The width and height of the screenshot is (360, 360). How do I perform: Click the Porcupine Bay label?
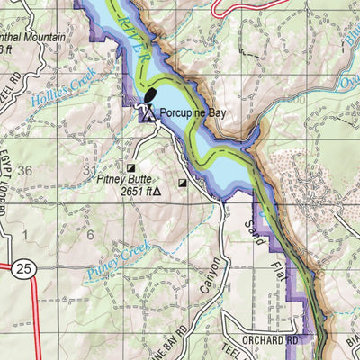(193, 113)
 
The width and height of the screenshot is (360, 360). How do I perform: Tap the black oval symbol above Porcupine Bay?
(148, 95)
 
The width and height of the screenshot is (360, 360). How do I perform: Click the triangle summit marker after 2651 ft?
(157, 191)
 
